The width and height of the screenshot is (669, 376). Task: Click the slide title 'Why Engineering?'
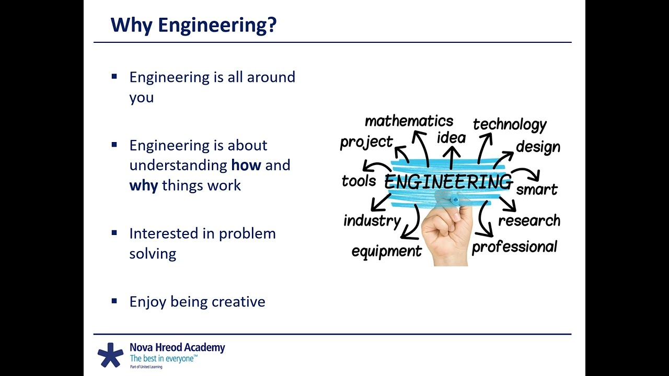(193, 26)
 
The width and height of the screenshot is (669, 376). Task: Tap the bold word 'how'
(246, 165)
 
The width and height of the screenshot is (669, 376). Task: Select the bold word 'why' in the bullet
(144, 186)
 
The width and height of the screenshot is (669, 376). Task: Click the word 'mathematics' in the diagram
(409, 121)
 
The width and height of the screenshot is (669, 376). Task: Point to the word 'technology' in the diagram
(510, 125)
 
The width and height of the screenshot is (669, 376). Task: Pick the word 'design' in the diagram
(538, 147)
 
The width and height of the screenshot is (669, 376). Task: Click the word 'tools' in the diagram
(359, 181)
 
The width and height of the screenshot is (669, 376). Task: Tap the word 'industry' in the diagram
(372, 221)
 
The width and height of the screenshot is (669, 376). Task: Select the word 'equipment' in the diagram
(386, 251)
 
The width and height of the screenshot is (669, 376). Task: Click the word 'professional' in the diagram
(514, 247)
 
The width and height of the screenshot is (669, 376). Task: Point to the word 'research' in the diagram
(529, 221)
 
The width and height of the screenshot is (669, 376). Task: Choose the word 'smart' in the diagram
(537, 190)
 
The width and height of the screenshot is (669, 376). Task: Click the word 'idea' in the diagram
(451, 138)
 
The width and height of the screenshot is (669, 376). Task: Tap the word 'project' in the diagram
(366, 143)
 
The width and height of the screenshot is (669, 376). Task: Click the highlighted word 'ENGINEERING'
(448, 181)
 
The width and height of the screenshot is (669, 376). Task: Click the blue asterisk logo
(110, 355)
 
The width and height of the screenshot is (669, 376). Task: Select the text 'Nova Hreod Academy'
(177, 348)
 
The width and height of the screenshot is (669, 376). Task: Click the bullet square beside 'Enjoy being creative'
(114, 301)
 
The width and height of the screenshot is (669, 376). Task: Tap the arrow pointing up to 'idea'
(451, 158)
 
